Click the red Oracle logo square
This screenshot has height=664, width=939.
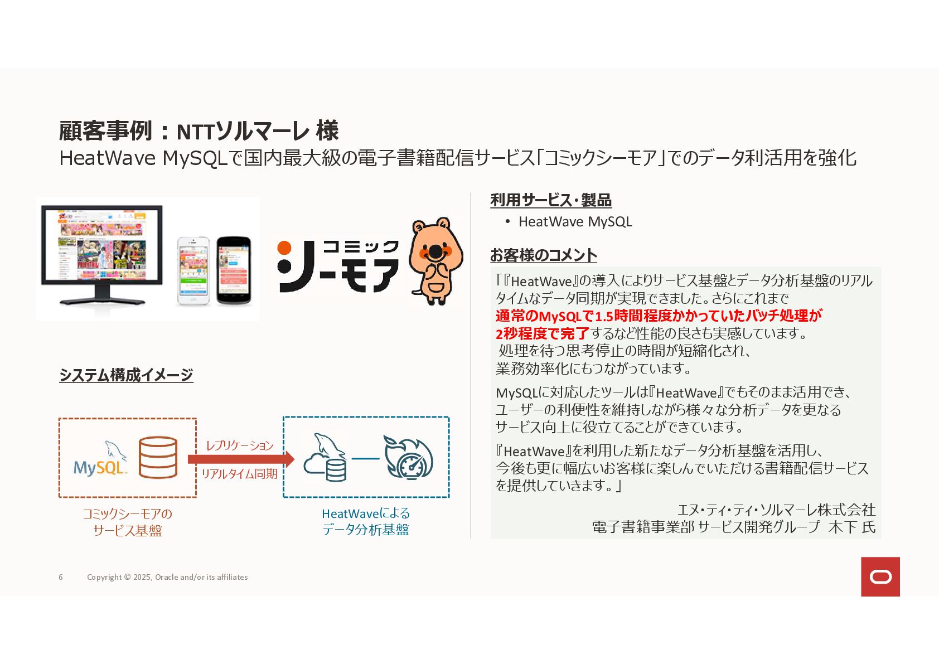(880, 576)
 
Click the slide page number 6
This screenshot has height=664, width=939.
(61, 577)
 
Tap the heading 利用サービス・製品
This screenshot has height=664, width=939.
(550, 200)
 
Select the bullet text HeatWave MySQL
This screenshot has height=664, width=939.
(575, 222)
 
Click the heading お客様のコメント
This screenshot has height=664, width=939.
(543, 255)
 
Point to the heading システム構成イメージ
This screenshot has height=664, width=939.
(126, 375)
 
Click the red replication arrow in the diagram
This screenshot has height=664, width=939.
(240, 459)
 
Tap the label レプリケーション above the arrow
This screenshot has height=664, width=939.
(240, 445)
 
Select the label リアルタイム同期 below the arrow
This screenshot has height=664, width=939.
(239, 474)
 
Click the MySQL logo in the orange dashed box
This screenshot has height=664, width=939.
(100, 460)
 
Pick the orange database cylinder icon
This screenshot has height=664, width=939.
(158, 457)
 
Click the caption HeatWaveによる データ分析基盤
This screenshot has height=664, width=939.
(366, 521)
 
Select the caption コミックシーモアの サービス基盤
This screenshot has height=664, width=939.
(127, 522)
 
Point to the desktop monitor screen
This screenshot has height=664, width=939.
(101, 245)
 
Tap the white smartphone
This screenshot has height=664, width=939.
(193, 270)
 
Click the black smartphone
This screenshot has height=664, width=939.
(234, 270)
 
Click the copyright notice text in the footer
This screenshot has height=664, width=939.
(167, 577)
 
